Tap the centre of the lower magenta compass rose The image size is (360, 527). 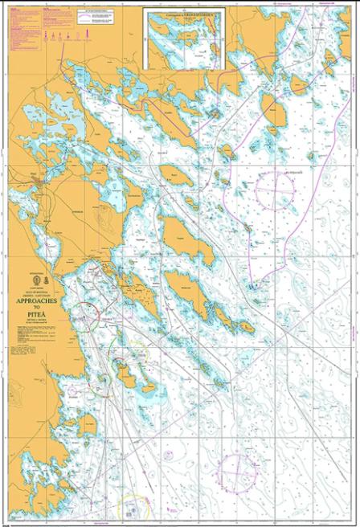(239, 469)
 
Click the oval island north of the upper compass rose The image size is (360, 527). (275, 113)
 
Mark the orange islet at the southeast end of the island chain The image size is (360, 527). (246, 327)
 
